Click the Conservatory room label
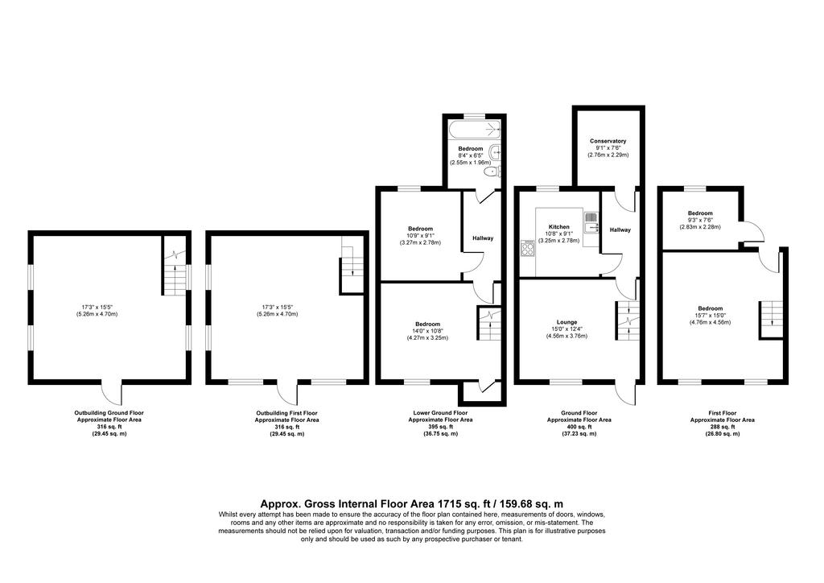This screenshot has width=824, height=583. click(608, 141)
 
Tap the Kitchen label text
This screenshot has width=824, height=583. click(559, 227)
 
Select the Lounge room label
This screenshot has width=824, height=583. click(566, 322)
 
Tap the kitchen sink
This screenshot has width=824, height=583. click(591, 221)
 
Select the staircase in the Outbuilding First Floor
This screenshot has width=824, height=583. click(352, 268)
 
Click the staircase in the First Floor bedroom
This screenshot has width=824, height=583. click(770, 320)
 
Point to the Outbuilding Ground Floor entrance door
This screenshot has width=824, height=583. click(111, 391)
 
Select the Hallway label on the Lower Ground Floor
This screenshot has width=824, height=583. click(483, 238)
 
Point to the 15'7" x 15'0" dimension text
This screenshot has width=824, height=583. click(710, 316)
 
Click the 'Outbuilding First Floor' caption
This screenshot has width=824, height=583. click(286, 413)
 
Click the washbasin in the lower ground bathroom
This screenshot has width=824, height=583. click(496, 152)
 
